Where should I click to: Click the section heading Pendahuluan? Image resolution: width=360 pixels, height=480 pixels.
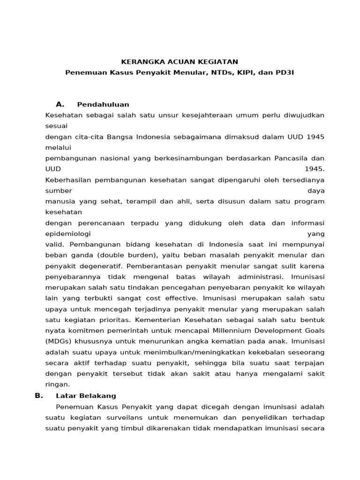click(x=103, y=105)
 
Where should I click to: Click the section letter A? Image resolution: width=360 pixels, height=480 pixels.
click(x=60, y=104)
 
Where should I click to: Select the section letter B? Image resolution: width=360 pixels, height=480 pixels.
click(x=38, y=396)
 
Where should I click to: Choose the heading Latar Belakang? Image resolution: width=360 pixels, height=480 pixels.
click(x=86, y=396)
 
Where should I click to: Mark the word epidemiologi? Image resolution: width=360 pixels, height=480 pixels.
click(x=67, y=233)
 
